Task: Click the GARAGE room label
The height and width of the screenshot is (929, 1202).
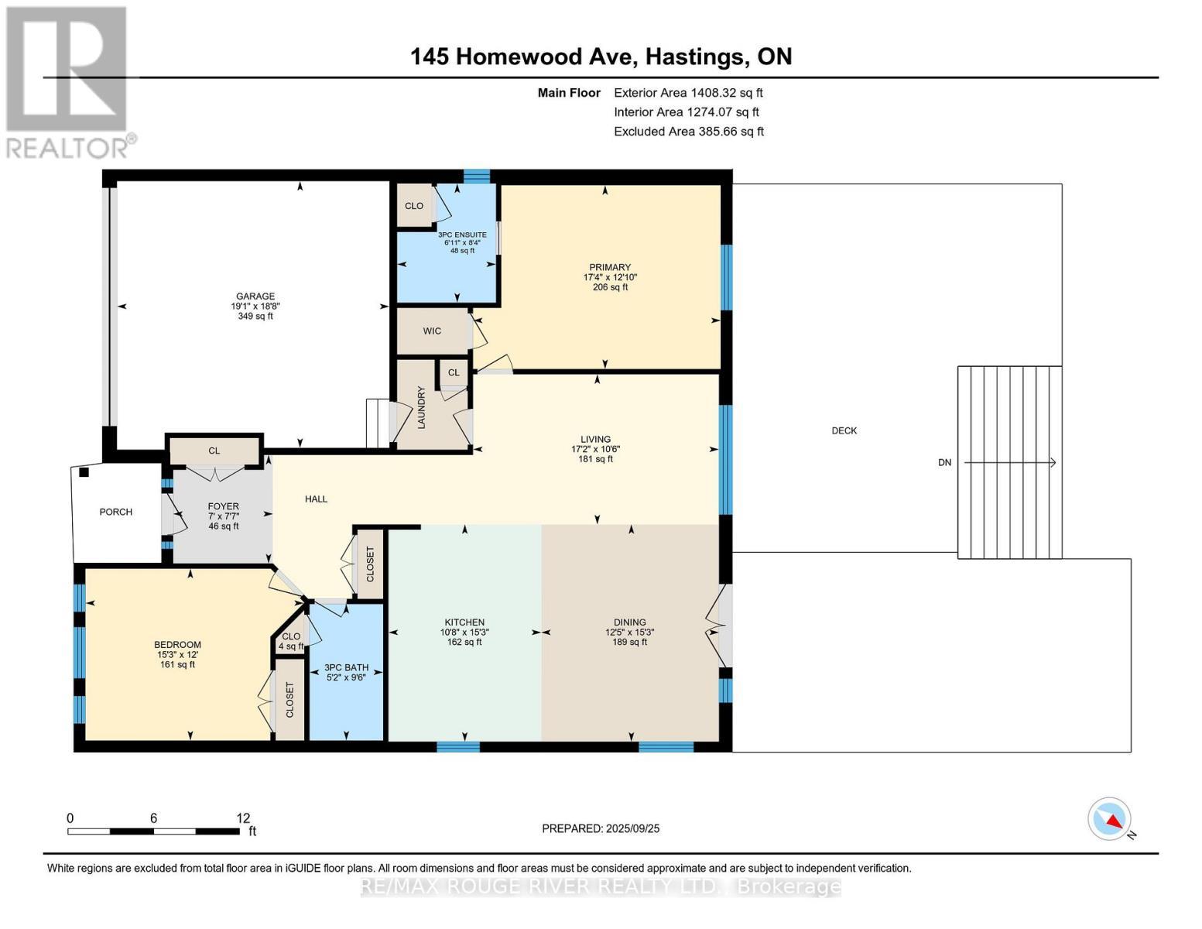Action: pyautogui.click(x=255, y=296)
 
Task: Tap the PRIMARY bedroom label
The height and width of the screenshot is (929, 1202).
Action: pyautogui.click(x=610, y=267)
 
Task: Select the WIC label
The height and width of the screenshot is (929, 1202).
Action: pyautogui.click(x=432, y=331)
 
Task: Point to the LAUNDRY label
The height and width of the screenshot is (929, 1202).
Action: pyautogui.click(x=422, y=407)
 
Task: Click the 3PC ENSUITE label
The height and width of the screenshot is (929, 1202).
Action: pyautogui.click(x=462, y=235)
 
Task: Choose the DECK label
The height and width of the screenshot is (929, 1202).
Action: pyautogui.click(x=844, y=430)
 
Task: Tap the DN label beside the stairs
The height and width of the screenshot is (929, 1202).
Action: pyautogui.click(x=945, y=462)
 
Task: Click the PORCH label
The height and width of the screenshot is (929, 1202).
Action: pyautogui.click(x=115, y=512)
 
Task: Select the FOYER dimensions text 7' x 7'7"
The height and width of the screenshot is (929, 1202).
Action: pyautogui.click(x=224, y=516)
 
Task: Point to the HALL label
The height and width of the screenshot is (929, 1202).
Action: pyautogui.click(x=316, y=499)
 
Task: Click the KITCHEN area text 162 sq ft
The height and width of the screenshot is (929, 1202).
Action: pyautogui.click(x=464, y=642)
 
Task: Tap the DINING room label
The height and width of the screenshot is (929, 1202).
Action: pyautogui.click(x=629, y=622)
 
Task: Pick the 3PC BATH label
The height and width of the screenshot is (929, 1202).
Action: pyautogui.click(x=346, y=667)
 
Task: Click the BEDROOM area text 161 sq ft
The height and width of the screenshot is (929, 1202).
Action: pyautogui.click(x=177, y=664)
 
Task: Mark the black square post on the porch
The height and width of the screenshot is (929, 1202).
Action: pyautogui.click(x=84, y=472)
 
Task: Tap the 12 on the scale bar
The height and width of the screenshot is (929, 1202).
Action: pyautogui.click(x=243, y=818)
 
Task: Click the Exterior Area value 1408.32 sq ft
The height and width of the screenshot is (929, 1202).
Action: pyautogui.click(x=726, y=93)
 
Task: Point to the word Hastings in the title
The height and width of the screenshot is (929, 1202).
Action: pyautogui.click(x=695, y=57)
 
